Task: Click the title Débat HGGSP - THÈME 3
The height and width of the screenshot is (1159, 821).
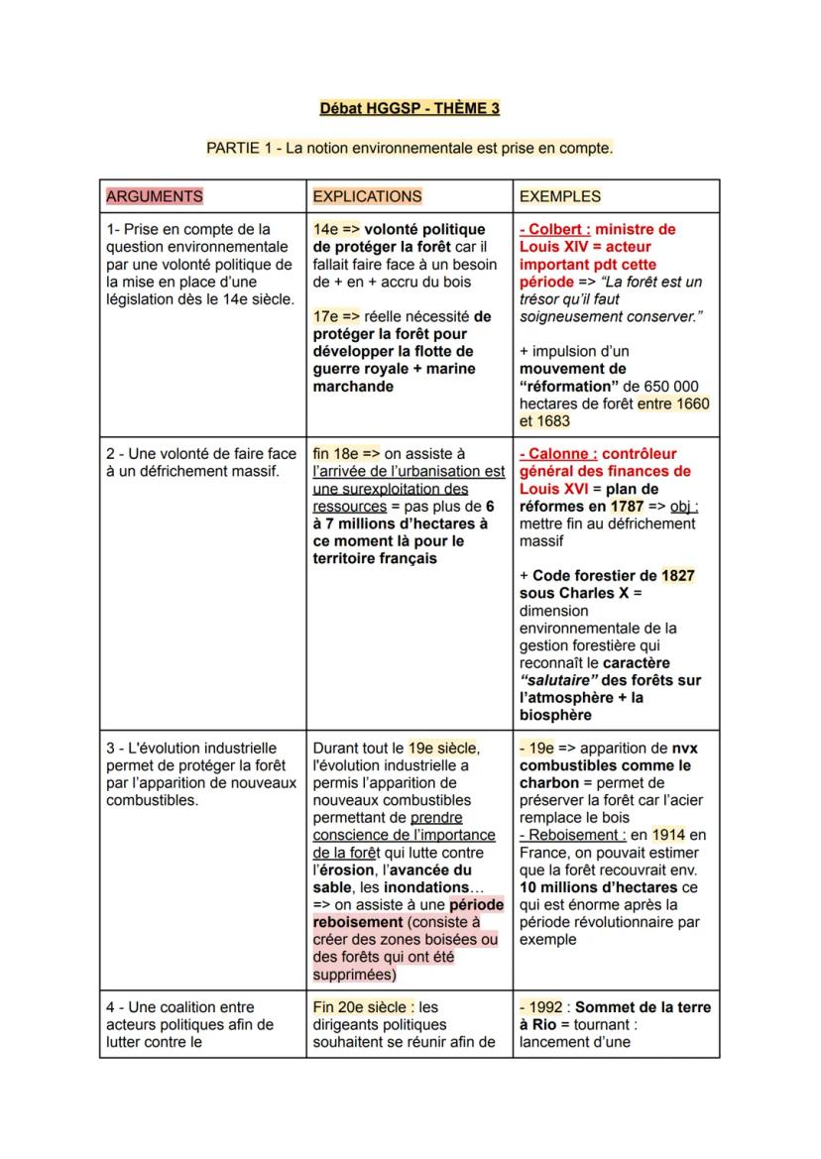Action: (410, 108)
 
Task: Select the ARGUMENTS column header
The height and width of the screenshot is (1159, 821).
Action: (154, 196)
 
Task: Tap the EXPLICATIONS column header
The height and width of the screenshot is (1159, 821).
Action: (367, 196)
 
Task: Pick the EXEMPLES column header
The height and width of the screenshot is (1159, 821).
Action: (560, 196)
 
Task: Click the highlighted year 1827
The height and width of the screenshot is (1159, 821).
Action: (679, 576)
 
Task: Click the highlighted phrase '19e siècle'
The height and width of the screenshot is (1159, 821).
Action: (443, 749)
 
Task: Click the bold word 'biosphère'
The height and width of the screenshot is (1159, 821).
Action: (555, 715)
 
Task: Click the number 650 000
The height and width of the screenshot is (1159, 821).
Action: (672, 386)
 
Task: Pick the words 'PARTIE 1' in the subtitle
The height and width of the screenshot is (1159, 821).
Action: (237, 148)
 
